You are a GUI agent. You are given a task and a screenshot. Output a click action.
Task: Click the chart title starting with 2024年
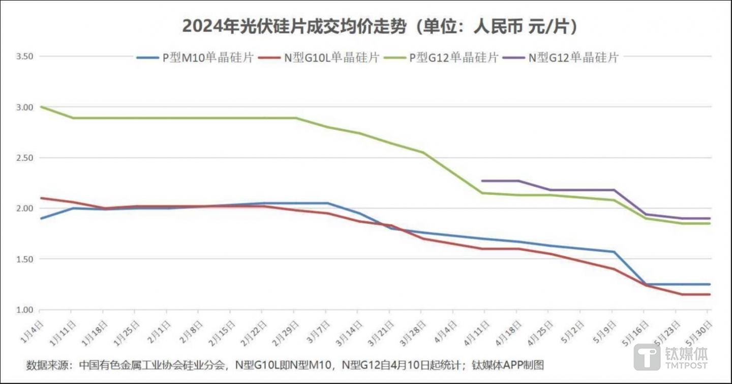point(380,26)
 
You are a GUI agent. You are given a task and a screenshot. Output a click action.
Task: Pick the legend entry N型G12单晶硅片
point(573,58)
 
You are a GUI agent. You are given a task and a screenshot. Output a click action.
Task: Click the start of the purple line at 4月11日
point(481,180)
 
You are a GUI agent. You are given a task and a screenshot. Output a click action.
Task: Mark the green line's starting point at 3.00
point(41,107)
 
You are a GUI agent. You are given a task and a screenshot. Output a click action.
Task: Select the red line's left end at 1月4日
point(41,198)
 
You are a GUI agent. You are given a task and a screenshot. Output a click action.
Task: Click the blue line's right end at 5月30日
point(710,284)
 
